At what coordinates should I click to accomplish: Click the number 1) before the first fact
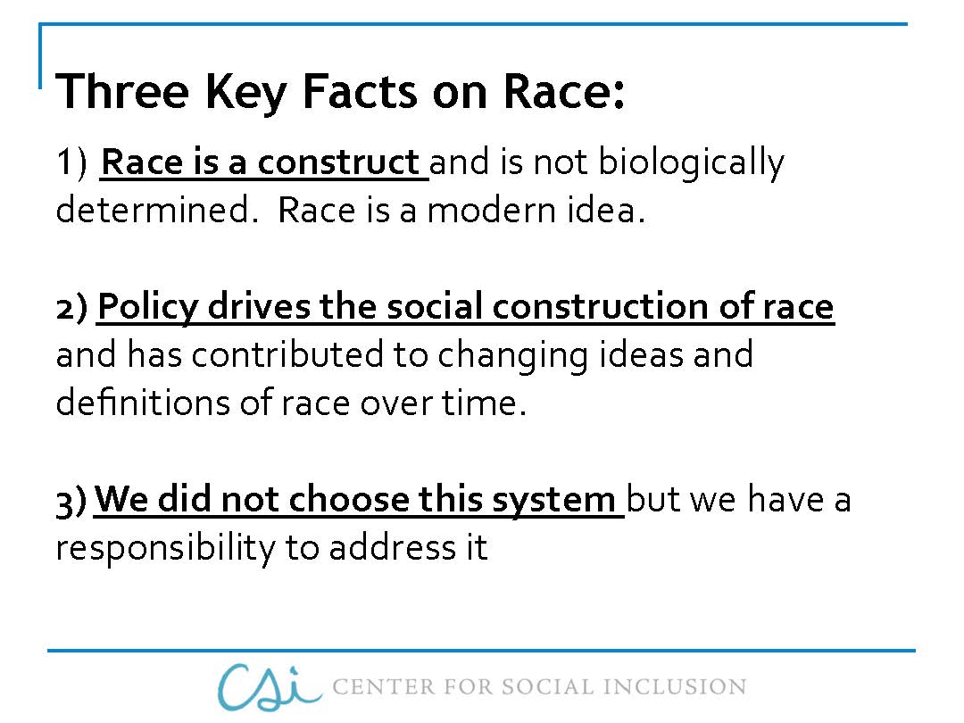[x=71, y=164]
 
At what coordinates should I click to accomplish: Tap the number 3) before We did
[x=71, y=501]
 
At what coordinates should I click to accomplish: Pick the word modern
[x=495, y=212]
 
